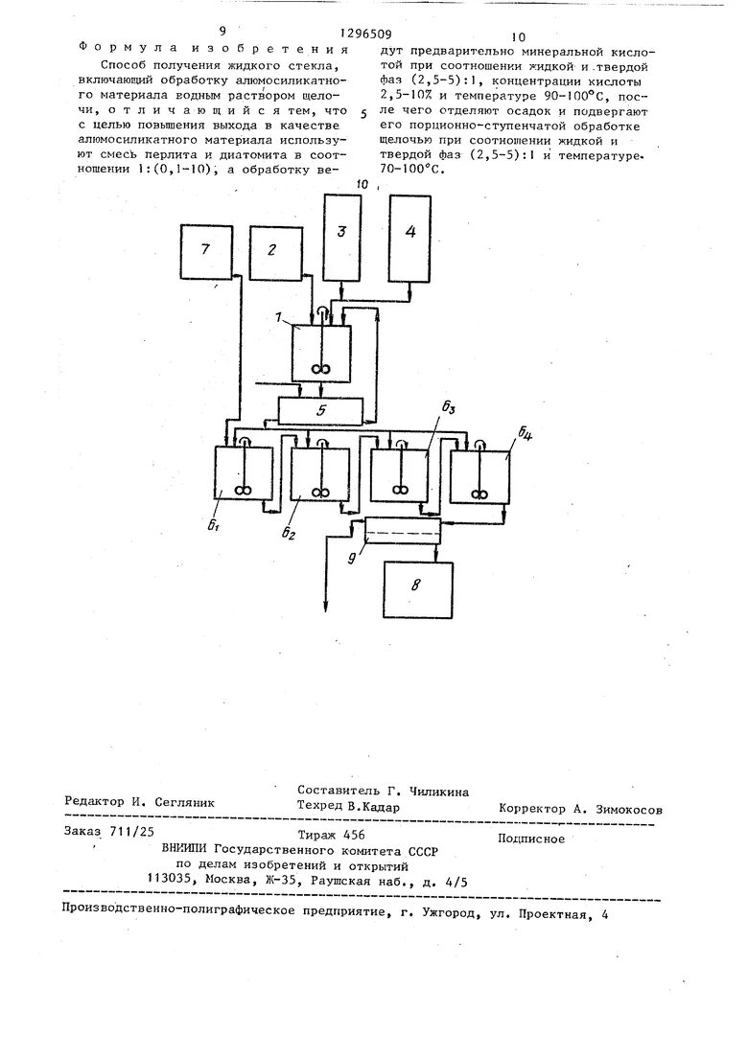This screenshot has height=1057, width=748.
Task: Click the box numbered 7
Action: point(209,252)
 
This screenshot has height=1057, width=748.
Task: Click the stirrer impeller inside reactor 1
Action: point(320,367)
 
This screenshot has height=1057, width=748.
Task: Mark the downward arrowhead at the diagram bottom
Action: point(327,604)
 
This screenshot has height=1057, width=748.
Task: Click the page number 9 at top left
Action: point(222,32)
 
